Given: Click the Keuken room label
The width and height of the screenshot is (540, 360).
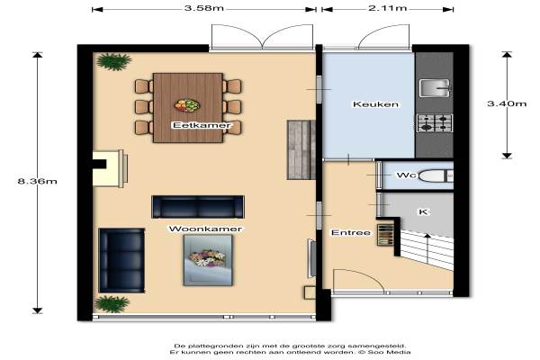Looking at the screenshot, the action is (375, 104).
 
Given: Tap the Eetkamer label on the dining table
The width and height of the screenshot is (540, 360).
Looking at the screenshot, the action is (202, 125).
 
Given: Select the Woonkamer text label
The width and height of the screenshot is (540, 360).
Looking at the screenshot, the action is (205, 229).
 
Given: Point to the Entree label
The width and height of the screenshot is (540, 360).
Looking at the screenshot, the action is (351, 233).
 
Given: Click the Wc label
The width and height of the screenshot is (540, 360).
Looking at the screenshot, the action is (406, 175).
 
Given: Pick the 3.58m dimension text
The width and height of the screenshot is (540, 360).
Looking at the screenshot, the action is (204, 8).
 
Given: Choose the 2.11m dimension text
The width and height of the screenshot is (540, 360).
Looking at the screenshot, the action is (387, 8).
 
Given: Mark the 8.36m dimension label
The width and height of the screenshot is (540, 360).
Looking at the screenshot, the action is (37, 181).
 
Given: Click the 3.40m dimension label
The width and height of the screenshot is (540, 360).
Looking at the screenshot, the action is (507, 103).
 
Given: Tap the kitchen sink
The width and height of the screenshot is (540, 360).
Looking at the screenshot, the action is (435, 88).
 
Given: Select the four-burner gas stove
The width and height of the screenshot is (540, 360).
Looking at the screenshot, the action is (435, 123).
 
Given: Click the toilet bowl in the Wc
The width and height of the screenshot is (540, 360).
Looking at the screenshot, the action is (433, 175).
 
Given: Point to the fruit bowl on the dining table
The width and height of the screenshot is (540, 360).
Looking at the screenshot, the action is (187, 105).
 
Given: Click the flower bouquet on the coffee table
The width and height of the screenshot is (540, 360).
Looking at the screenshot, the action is (207, 257).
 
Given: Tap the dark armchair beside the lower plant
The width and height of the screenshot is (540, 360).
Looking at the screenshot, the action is (121, 260).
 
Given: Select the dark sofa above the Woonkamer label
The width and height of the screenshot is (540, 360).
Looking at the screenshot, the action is (198, 207).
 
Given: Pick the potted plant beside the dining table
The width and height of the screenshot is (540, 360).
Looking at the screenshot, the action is (113, 62).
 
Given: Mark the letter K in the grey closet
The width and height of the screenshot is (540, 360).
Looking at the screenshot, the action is (423, 211).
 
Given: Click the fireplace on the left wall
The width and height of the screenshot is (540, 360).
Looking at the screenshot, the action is (110, 168).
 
